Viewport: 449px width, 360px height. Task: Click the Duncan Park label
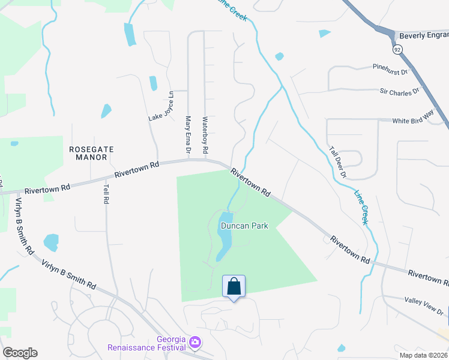pyautogui.click(x=244, y=226)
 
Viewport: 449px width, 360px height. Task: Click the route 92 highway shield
pyautogui.click(x=397, y=50)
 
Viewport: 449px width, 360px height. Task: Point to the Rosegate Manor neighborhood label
pyautogui.click(x=88, y=153)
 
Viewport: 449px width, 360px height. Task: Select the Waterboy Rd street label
pyautogui.click(x=205, y=134)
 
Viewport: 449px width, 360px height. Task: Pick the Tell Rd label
pyautogui.click(x=106, y=194)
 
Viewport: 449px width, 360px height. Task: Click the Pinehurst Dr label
pyautogui.click(x=390, y=71)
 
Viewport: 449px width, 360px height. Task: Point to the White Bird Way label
pyautogui.click(x=413, y=121)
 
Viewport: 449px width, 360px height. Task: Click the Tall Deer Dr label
pyautogui.click(x=337, y=161)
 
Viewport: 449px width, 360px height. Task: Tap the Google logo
pyautogui.click(x=20, y=353)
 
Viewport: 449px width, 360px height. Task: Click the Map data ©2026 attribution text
pyautogui.click(x=422, y=355)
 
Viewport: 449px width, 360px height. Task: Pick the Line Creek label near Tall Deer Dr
pyautogui.click(x=361, y=208)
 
